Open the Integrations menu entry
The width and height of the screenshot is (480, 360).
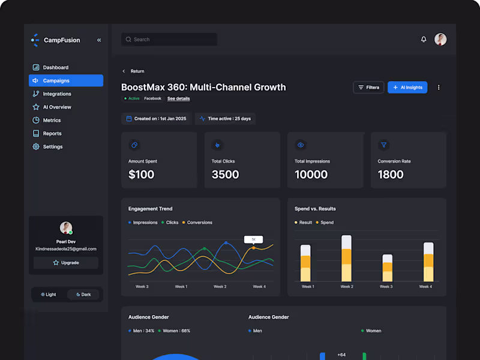tap(56, 94)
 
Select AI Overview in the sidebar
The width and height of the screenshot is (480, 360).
tap(56, 107)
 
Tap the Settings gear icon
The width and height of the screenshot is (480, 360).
tap(36, 146)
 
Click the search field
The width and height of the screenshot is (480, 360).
tap(169, 40)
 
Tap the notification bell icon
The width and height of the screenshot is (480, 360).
tap(424, 40)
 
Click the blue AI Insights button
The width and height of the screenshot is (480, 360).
tap(407, 88)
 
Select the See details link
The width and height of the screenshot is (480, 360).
tap(178, 98)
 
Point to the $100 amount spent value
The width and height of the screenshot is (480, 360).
tap(142, 175)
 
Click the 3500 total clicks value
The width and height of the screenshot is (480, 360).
tap(225, 175)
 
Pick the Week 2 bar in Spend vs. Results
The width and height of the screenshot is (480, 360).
tap(346, 259)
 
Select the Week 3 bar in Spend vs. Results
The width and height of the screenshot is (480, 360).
tap(387, 268)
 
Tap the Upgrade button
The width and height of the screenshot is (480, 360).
tap(66, 263)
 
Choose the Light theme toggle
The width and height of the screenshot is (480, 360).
tap(49, 295)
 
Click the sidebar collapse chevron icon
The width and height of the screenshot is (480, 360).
tap(99, 40)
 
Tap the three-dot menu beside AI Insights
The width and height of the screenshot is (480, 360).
tap(439, 88)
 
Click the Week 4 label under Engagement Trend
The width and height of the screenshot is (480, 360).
tap(259, 287)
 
